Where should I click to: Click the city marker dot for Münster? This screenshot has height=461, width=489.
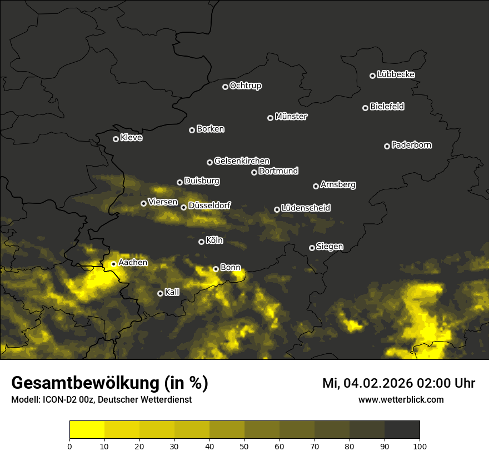coord(271,118)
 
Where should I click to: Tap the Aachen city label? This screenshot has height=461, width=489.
coord(133,263)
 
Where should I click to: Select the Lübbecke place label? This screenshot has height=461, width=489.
coord(396,74)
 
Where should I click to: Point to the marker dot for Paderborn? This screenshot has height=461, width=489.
coord(387,146)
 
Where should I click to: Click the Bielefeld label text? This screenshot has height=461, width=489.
coord(387,107)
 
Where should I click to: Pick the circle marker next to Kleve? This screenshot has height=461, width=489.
coord(116,139)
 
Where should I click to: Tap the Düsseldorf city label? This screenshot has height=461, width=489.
coord(209,206)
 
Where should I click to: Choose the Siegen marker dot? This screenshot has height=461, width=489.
coord(312,248)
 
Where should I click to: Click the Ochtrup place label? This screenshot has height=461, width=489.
coord(245,86)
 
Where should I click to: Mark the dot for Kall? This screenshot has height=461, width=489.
coord(160,293)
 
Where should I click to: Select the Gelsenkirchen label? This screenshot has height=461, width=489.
coord(242,161)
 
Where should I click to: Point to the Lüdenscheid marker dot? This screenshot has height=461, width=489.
coord(277,209)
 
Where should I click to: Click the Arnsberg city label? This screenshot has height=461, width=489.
coord(338,185)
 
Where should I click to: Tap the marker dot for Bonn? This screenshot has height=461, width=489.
coord(216,269)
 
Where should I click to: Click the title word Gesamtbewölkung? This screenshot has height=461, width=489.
coord(83,383)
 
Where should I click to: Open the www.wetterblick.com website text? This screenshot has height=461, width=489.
coord(401,400)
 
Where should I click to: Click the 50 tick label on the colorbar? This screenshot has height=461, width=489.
coord(244,445)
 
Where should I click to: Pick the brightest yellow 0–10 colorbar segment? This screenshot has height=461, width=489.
coord(87,430)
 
